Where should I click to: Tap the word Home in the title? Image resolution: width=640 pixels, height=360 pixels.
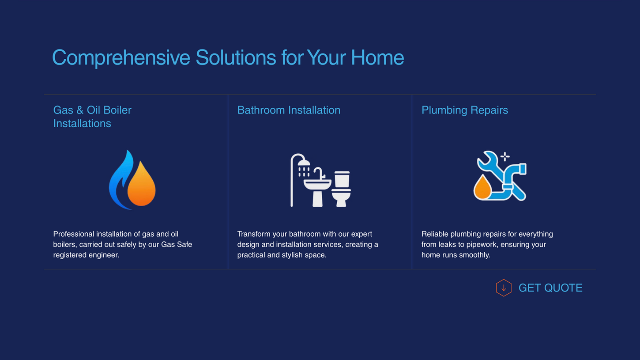377,57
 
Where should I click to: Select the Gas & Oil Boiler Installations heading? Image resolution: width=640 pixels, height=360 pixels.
92,117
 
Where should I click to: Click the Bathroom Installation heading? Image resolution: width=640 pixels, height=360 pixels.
289,110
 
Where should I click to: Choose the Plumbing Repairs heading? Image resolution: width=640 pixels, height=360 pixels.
465,110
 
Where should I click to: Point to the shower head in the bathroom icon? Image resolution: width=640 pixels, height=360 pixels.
304,163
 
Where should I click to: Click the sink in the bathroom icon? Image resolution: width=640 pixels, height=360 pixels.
318,189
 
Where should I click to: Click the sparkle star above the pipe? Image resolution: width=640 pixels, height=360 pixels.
505,156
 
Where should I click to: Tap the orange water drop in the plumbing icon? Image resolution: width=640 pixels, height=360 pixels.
482,188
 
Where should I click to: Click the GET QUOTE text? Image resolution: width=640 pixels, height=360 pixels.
550,288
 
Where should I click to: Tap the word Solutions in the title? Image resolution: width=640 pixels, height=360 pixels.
236,57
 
